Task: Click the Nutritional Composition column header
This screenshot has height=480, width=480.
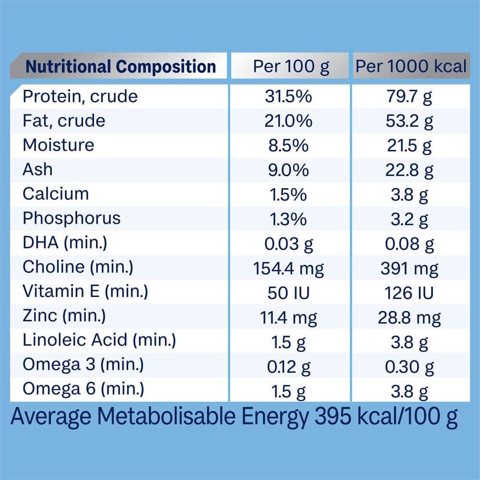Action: (120, 66)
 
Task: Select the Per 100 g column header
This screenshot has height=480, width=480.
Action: (291, 66)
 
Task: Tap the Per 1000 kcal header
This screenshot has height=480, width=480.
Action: (411, 66)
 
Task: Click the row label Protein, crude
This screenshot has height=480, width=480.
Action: (80, 96)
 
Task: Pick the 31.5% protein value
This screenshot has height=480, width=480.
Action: (288, 96)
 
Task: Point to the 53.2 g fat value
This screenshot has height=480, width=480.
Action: (409, 121)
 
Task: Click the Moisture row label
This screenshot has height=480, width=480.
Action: (59, 145)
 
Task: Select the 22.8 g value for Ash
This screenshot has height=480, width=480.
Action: (409, 170)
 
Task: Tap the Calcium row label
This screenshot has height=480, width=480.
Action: (56, 194)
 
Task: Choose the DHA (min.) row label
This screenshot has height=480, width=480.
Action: (65, 243)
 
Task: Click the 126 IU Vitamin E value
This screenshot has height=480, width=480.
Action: (409, 292)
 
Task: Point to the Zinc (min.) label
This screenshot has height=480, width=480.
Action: (64, 316)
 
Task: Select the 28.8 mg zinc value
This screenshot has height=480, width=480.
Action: (409, 317)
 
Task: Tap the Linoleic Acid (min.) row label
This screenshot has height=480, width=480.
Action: (99, 340)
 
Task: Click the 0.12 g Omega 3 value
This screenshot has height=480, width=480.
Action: (288, 367)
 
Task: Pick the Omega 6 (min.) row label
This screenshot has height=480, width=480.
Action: (83, 389)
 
